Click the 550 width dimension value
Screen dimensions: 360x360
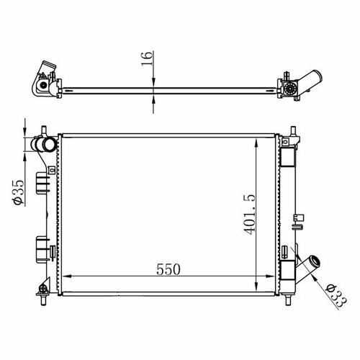168,269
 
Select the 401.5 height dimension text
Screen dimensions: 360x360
249,215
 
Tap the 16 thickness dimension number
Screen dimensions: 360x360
147,58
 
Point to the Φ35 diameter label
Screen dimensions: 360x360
19,192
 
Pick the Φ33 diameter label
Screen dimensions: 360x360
336,295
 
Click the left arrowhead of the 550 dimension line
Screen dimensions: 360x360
67,276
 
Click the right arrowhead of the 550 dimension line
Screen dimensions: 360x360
270,276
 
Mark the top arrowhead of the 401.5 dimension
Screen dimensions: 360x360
256,143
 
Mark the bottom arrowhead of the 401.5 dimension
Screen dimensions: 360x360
256,287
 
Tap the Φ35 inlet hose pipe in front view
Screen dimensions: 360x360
44,145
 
